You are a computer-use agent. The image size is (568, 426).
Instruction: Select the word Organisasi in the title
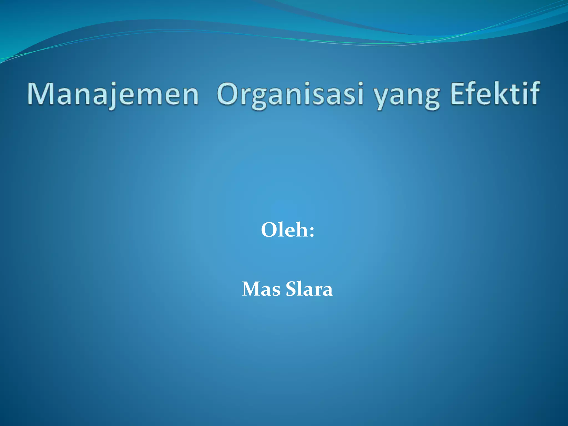(x=290, y=94)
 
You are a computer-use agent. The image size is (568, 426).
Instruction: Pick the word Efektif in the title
(x=495, y=94)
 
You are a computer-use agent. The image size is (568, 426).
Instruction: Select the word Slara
(x=309, y=289)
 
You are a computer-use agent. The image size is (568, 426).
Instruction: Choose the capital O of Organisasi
(x=229, y=94)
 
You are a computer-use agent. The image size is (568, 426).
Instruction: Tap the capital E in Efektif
(x=458, y=94)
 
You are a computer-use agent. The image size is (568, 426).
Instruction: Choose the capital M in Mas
(x=251, y=289)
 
